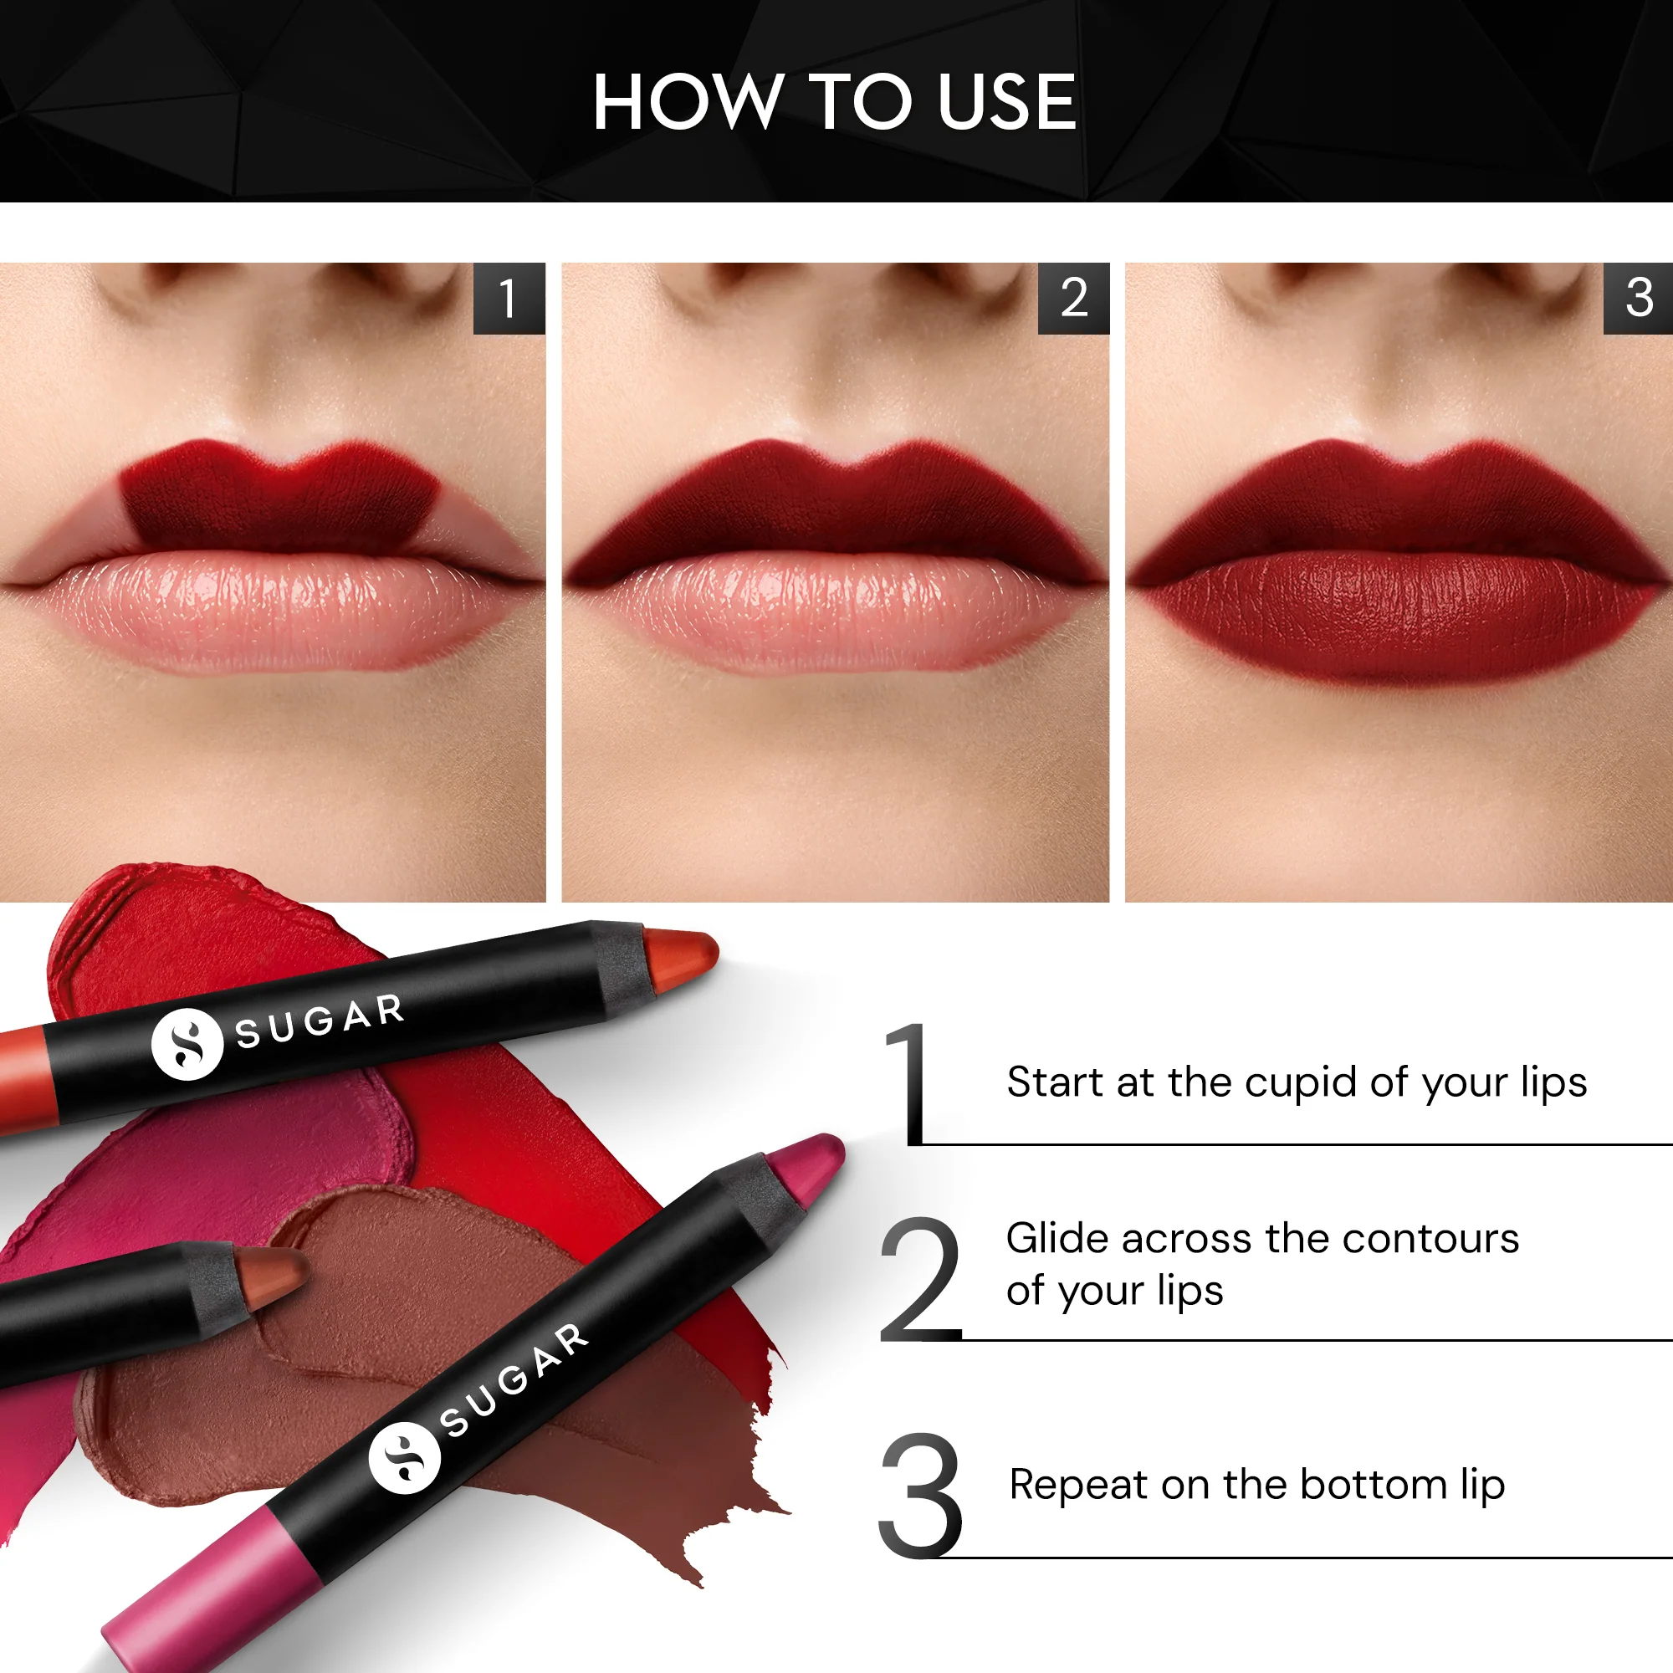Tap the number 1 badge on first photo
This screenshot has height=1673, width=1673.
coord(509,298)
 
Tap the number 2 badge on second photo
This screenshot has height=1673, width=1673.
coord(1074,298)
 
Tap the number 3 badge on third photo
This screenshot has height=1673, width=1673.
coord(1639,298)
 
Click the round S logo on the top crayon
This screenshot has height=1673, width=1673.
coord(187,1044)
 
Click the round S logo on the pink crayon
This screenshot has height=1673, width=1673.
coord(404,1457)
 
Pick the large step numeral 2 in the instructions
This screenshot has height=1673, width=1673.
coord(919,1279)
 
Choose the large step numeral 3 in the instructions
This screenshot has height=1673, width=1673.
coord(919,1496)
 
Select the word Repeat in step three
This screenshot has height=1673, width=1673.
coord(1078,1484)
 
